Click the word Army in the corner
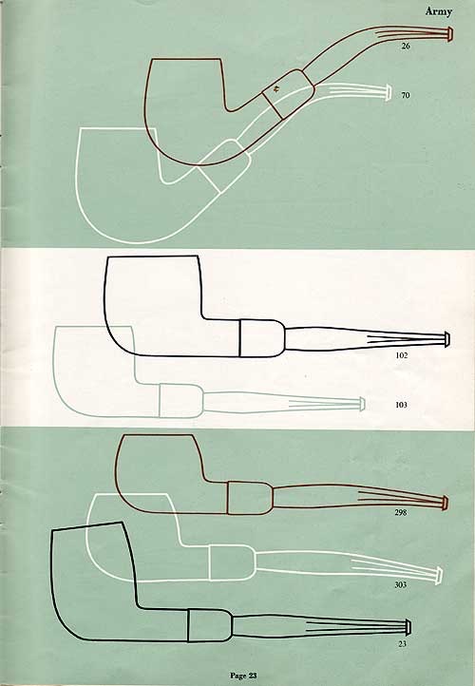point(439,11)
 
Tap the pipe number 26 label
point(406,46)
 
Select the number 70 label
point(406,95)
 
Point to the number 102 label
point(402,355)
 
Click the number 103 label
point(401,405)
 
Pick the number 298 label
point(401,512)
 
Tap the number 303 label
point(401,584)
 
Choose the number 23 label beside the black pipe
point(403,643)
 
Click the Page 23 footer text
point(243,676)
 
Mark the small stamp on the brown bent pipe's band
point(276,90)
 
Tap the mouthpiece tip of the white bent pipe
point(388,93)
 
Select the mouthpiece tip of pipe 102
point(446,340)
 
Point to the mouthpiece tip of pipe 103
point(362,404)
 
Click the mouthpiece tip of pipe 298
point(446,503)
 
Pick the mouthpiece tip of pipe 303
point(439,576)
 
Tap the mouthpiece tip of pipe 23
point(408,627)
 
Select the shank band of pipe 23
point(210,625)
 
